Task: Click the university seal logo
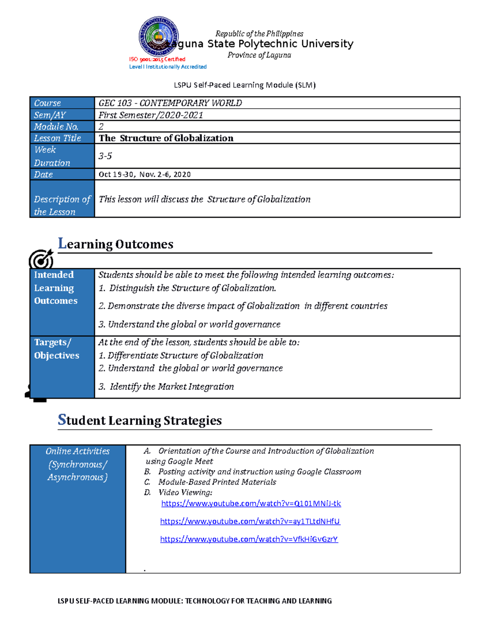[x=158, y=37]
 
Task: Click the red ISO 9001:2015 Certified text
[x=157, y=59]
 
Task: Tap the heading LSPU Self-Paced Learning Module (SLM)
[x=245, y=85]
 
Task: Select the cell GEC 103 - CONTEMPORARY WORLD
[x=170, y=103]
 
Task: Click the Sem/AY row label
[x=50, y=115]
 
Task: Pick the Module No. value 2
[x=101, y=127]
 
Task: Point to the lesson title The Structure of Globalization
[x=166, y=138]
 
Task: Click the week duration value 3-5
[x=105, y=156]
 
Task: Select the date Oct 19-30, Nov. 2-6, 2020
[x=145, y=174]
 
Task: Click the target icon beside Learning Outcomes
[x=41, y=259]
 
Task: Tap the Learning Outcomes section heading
[x=116, y=244]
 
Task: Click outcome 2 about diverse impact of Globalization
[x=243, y=306]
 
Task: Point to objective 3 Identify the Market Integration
[x=166, y=387]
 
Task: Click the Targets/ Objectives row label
[x=56, y=349]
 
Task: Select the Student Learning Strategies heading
[x=140, y=420]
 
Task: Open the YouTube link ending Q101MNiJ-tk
[x=251, y=503]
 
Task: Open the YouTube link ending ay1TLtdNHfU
[x=250, y=521]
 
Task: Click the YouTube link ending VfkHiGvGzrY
[x=249, y=539]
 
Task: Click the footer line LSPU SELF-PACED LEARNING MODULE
[x=195, y=601]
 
